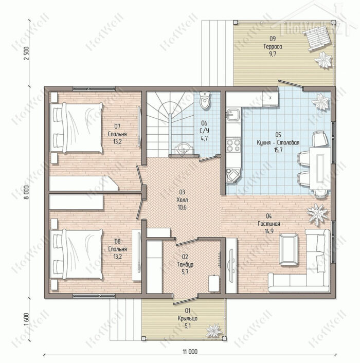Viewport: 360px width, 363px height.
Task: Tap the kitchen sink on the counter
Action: [x=233, y=115]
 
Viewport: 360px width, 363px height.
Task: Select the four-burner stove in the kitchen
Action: [x=233, y=145]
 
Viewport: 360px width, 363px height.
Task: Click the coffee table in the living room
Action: [x=289, y=250]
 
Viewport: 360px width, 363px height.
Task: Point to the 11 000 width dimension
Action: [x=190, y=352]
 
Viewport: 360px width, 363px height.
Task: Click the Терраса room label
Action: [x=273, y=47]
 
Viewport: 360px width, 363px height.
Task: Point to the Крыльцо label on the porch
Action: [x=188, y=318]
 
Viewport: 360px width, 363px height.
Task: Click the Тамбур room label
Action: [x=185, y=264]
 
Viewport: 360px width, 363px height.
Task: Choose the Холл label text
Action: [x=182, y=199]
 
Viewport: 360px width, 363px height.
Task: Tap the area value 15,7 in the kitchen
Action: [x=278, y=150]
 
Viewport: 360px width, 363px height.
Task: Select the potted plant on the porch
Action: [x=214, y=330]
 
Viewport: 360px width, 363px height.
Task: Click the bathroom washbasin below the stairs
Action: [x=184, y=149]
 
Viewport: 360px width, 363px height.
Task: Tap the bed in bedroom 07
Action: [x=77, y=128]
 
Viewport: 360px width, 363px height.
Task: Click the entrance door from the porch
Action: [x=185, y=301]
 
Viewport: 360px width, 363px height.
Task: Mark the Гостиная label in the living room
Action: [x=269, y=224]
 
